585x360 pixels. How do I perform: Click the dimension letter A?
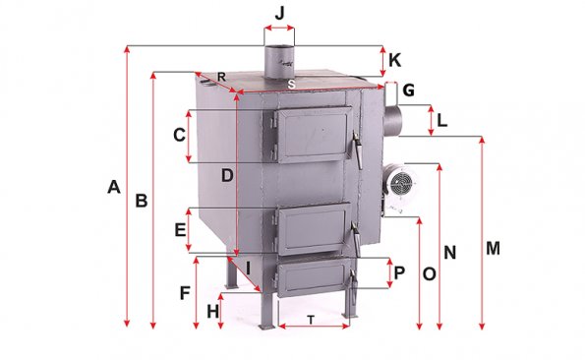tap(114, 187)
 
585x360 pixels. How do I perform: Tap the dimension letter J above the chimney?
tap(279, 14)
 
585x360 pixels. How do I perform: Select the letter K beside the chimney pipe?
tap(394, 60)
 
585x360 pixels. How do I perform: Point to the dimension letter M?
tap(493, 248)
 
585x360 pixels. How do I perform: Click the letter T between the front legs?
tap(311, 320)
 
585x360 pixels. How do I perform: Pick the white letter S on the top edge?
tap(291, 85)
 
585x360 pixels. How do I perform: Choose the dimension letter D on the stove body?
tap(227, 175)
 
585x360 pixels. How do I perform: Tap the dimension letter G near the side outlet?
tap(409, 90)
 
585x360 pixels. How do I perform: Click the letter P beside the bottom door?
tap(399, 272)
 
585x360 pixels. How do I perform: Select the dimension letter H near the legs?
tap(213, 312)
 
